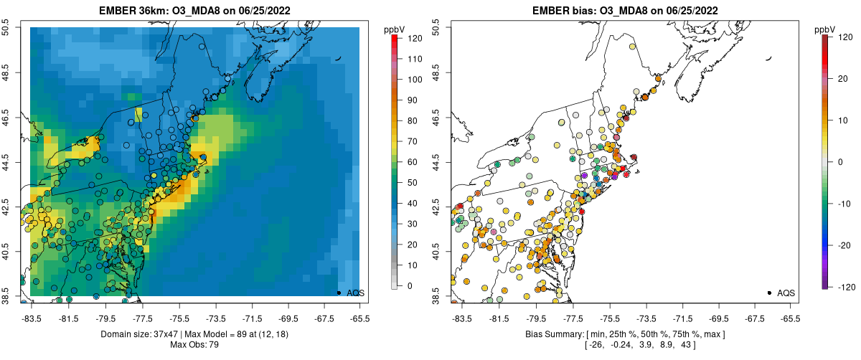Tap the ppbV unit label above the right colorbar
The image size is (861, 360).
click(825, 29)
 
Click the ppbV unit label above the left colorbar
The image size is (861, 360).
click(395, 29)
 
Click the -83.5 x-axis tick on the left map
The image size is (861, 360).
click(32, 318)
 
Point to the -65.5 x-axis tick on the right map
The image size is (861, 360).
click(790, 318)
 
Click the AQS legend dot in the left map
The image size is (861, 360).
click(339, 293)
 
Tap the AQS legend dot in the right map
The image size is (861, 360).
click(769, 293)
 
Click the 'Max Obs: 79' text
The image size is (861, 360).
click(194, 345)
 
